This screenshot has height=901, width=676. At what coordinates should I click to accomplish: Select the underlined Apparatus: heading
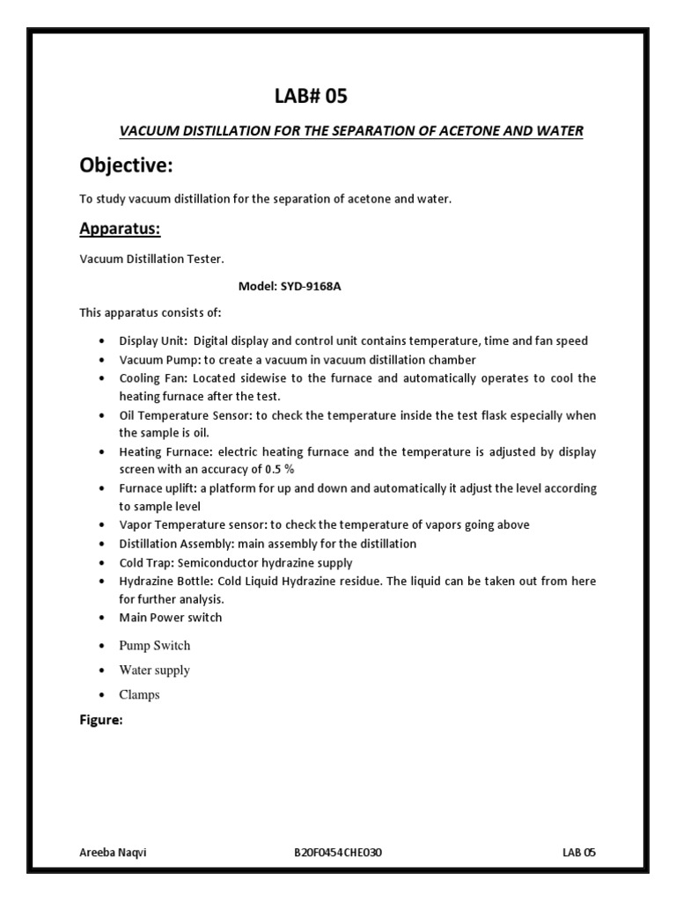tap(121, 230)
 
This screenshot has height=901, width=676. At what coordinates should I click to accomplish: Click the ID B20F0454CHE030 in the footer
tap(338, 853)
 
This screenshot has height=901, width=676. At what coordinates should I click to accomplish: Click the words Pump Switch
tap(154, 645)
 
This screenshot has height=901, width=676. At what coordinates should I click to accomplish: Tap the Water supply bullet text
tap(154, 670)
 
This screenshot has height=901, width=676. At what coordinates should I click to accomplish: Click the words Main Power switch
tap(171, 617)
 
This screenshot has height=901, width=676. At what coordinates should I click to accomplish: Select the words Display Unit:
tap(154, 341)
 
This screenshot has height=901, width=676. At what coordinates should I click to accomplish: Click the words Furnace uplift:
tap(158, 487)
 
